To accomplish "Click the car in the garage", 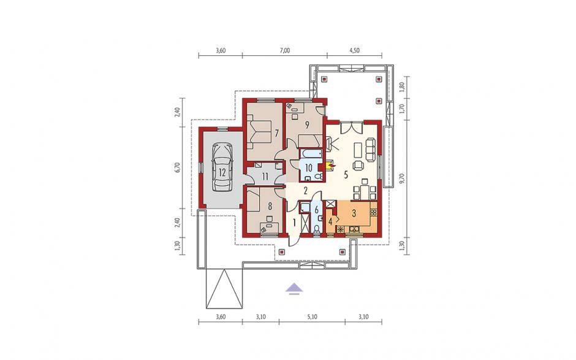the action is tap(222, 167).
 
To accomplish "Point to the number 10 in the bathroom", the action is tap(309, 168).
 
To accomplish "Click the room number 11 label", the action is tap(265, 176).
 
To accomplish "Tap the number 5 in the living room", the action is tap(346, 174).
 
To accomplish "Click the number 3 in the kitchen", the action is tap(354, 213).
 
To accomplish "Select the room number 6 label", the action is tap(316, 210).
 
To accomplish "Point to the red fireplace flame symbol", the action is tap(332, 167).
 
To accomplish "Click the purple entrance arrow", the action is tap(295, 289).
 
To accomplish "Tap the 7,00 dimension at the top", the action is tap(284, 51).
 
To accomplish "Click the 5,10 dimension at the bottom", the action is tap(311, 316).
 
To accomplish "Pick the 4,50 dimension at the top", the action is tap(354, 51).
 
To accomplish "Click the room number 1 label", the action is tap(294, 222).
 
